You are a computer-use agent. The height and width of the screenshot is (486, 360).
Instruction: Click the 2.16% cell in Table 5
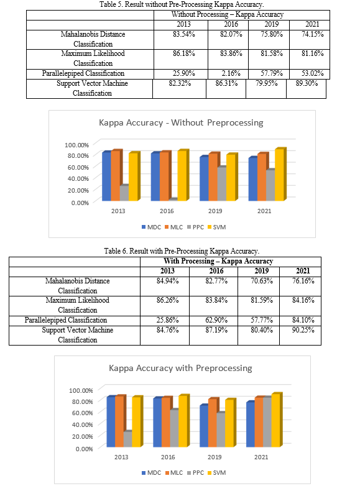click(x=231, y=73)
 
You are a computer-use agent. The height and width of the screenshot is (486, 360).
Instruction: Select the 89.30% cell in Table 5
click(x=307, y=83)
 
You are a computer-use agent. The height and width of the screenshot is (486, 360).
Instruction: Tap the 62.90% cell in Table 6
click(x=216, y=320)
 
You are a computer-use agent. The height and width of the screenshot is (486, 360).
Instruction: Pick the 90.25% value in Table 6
click(x=303, y=330)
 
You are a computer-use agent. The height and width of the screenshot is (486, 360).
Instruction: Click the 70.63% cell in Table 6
click(x=262, y=281)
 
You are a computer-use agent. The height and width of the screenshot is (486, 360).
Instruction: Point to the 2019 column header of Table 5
click(x=271, y=24)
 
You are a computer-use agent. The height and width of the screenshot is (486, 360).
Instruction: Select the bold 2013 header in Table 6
click(x=167, y=271)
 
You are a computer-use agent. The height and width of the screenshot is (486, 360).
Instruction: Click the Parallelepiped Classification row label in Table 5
click(x=83, y=73)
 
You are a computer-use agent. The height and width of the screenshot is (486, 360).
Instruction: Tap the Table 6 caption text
click(x=182, y=250)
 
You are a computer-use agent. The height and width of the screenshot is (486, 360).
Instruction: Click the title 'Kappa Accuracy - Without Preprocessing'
click(x=181, y=122)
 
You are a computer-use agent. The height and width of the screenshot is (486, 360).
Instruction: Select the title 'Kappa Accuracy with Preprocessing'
click(x=180, y=368)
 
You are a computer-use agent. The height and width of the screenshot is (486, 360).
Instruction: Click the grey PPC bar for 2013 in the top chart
click(x=124, y=193)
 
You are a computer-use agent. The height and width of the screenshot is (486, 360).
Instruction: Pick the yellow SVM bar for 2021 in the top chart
click(x=280, y=175)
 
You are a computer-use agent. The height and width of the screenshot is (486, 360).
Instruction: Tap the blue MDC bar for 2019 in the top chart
click(x=204, y=178)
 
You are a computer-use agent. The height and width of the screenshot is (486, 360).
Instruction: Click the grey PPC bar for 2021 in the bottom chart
click(x=267, y=422)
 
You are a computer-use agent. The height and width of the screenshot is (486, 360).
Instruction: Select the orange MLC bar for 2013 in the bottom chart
click(x=120, y=421)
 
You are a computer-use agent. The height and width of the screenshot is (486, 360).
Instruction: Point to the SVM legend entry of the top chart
click(x=216, y=227)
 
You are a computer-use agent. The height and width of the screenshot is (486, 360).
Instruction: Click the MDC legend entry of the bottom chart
click(x=151, y=473)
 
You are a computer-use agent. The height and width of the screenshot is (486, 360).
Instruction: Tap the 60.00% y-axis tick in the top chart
click(x=78, y=167)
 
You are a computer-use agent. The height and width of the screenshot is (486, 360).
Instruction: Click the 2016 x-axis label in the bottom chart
click(x=168, y=457)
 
